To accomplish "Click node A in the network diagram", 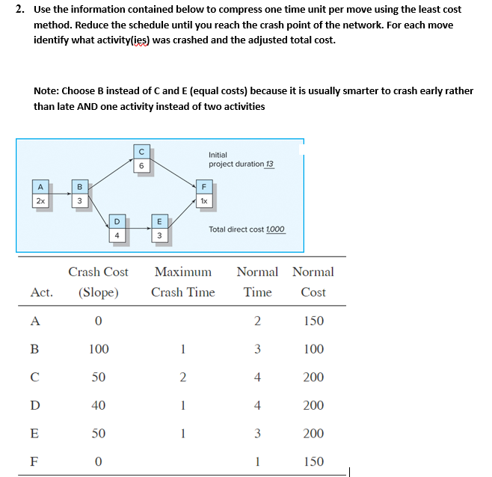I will [40, 194].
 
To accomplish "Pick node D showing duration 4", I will [117, 227].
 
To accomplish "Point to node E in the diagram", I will [158, 227].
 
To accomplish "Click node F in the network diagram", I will [202, 194].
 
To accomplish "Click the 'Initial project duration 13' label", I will [241, 159].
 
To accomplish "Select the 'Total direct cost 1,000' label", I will [246, 230].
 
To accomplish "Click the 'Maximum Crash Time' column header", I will [182, 282].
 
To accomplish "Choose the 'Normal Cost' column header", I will [313, 282].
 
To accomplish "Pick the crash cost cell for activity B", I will [98, 349].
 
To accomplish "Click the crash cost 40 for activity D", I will [98, 405].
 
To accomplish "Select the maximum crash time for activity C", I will [182, 377].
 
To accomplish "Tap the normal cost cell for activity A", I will [313, 321].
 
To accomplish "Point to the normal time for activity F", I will [257, 461].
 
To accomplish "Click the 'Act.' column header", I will [41, 292].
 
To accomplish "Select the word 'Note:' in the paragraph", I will [47, 90].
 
